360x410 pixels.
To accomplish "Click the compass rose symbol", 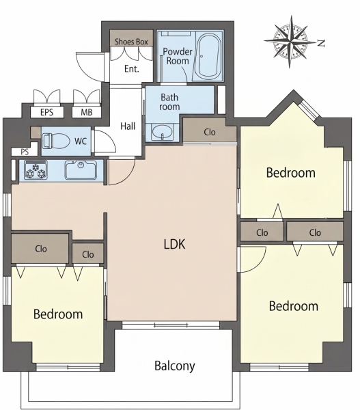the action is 290,42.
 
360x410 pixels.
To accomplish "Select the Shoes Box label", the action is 131,42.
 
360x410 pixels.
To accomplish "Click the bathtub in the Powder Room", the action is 208,56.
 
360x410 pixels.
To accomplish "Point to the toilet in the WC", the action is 56,141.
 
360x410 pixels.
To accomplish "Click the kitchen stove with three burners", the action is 36,170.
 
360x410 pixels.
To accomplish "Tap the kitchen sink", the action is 81,170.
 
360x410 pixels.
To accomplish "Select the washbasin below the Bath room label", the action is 163,133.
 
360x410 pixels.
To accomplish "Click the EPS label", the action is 47,113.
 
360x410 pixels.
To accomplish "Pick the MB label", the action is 87,113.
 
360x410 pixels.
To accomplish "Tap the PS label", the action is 25,152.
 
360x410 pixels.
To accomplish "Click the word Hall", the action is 128,126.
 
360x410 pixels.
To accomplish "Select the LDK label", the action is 175,244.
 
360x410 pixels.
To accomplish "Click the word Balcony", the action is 175,366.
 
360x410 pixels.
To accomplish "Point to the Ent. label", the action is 132,69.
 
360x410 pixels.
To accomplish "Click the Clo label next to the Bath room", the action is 210,132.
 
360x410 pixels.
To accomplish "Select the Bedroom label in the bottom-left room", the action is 58,314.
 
